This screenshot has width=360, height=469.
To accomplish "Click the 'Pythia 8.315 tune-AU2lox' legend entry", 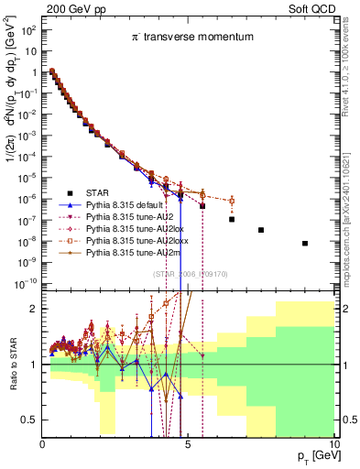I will click(135, 236).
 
